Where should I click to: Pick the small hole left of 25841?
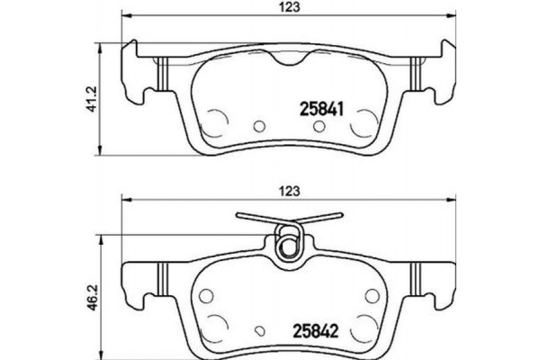click(x=260, y=125)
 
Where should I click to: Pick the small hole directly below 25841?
click(x=315, y=125)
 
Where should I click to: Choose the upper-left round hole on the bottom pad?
click(x=206, y=293)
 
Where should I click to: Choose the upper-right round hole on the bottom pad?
click(x=370, y=293)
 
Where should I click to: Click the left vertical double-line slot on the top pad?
click(x=161, y=76)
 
